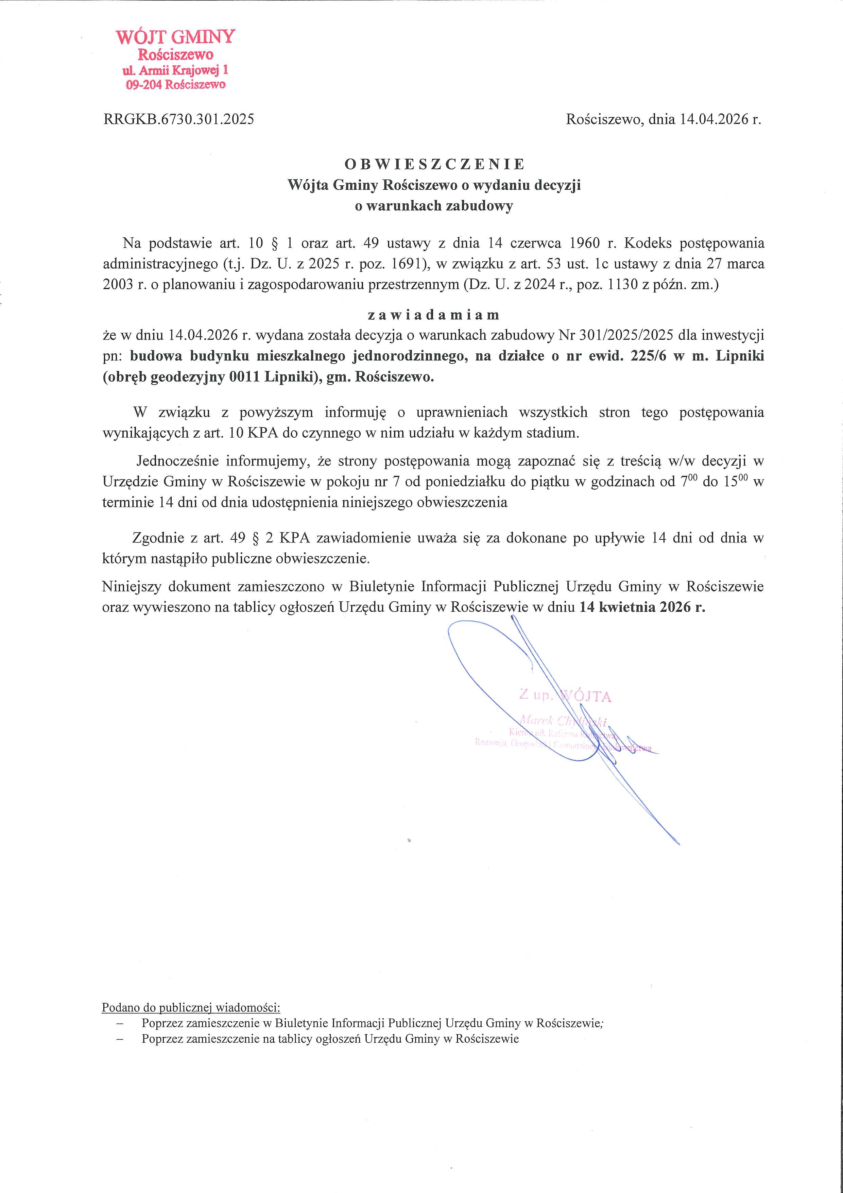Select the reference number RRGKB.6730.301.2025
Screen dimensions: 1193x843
coord(179,119)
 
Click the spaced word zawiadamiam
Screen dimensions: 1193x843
coord(434,315)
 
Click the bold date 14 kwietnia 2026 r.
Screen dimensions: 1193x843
coord(642,607)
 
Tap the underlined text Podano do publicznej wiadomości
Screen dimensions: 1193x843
coord(191,1008)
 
